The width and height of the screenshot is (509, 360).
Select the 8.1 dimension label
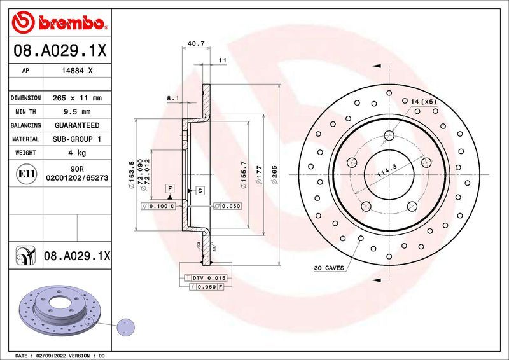[172, 99]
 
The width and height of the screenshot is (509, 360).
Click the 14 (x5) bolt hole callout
[423, 102]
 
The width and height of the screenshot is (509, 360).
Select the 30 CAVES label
[328, 268]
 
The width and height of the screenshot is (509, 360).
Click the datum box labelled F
[170, 188]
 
